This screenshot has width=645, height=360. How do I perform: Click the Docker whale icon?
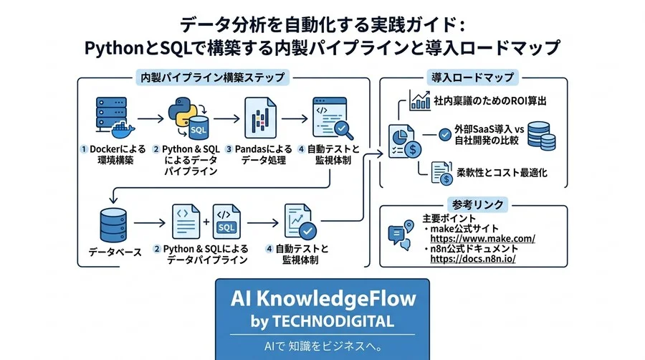coord(123,130)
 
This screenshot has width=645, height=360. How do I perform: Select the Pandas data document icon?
coord(260,118)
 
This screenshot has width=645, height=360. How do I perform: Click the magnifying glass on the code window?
coord(343,130)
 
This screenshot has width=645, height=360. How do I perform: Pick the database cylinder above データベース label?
coord(113,225)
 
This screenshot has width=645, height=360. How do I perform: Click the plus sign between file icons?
coord(206,222)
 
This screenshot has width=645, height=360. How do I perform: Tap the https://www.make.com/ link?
coord(482,239)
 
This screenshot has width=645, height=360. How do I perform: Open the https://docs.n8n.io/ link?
coord(473,259)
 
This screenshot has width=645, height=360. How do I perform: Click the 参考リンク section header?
coord(477,204)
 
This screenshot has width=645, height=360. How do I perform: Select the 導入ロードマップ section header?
coord(473,77)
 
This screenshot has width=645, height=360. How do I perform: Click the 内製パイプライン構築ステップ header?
coord(213,77)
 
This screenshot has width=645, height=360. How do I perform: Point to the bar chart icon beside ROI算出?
coord(419,100)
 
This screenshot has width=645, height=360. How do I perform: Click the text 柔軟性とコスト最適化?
coord(502,173)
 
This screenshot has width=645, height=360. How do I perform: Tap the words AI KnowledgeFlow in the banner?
coord(323,299)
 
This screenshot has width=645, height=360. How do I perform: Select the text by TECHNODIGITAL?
coord(322,322)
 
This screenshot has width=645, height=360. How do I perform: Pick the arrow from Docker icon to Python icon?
coord(150,119)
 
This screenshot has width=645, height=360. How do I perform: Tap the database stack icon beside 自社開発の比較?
coord(541,136)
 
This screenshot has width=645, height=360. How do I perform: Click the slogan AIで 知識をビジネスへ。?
coord(323,346)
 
